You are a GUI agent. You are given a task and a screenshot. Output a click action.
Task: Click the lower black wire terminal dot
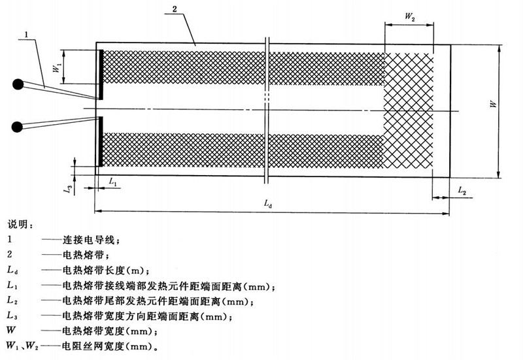tap(18, 125)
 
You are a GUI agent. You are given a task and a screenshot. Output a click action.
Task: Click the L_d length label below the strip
tap(268, 204)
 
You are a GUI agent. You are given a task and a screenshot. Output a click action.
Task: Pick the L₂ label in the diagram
tap(462, 190)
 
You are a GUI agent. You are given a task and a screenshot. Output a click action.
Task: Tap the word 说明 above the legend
tap(20, 224)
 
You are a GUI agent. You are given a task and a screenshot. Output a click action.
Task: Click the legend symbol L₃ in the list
tap(12, 315)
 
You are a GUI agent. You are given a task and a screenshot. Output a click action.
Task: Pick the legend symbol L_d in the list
tap(12, 270)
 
